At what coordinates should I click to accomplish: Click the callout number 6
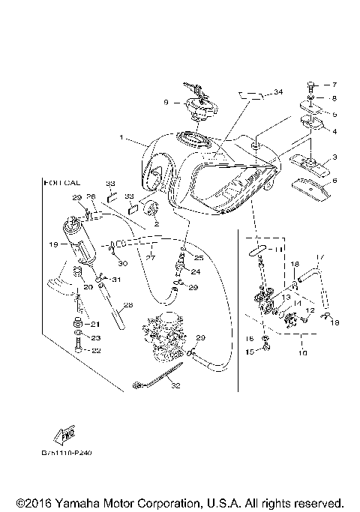334,181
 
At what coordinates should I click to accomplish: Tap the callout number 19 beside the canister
54,244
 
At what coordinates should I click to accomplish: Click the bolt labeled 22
77,349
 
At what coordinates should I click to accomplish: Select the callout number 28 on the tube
127,305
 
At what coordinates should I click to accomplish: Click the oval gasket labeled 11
258,248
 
